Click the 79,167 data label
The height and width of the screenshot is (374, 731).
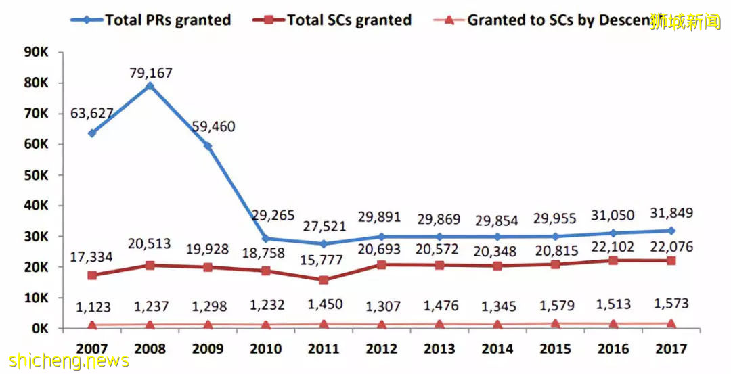pos(150,72)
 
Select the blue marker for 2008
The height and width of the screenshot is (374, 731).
pos(150,87)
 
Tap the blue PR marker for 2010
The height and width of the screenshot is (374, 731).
pos(265,239)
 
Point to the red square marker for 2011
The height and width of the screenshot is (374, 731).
pos(324,280)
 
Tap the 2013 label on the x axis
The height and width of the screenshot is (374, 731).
pos(439,349)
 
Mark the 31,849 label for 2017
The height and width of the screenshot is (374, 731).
pos(671,213)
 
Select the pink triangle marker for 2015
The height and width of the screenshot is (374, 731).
pos(555,324)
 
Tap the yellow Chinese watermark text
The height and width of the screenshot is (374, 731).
pos(686,22)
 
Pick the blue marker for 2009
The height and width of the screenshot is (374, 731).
pos(208,146)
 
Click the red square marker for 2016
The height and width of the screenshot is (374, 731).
pos(613,260)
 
